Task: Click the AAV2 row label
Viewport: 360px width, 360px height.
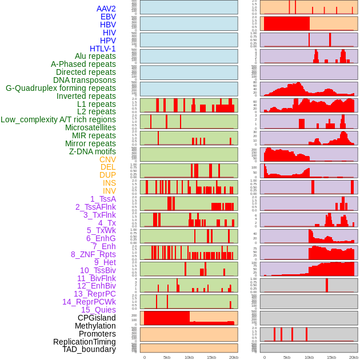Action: click(x=106, y=9)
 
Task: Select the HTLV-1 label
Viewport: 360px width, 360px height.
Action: click(x=103, y=49)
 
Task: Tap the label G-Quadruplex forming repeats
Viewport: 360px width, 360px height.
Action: click(x=61, y=88)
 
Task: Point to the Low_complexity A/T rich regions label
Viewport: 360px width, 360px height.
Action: click(x=58, y=119)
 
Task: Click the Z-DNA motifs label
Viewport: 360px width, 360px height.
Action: click(x=93, y=151)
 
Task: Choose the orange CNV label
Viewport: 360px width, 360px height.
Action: click(x=107, y=159)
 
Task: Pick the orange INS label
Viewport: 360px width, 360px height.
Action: click(x=109, y=183)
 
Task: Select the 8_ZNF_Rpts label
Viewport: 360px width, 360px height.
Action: click(x=93, y=254)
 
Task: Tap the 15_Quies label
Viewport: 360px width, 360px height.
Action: click(x=98, y=310)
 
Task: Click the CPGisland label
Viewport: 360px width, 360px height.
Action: click(x=97, y=318)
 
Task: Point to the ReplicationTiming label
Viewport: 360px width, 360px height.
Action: click(x=85, y=342)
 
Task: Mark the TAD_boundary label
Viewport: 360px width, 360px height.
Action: click(x=89, y=349)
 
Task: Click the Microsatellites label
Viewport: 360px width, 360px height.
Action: click(x=90, y=127)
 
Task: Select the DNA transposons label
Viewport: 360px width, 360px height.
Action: click(x=85, y=80)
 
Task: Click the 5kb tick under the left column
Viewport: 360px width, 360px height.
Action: click(x=167, y=358)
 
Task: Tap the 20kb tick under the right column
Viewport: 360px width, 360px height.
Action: click(x=354, y=358)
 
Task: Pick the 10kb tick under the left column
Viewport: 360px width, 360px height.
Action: click(x=189, y=358)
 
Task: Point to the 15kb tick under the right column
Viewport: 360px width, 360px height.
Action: click(x=331, y=358)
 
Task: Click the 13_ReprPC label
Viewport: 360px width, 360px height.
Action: click(x=95, y=294)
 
